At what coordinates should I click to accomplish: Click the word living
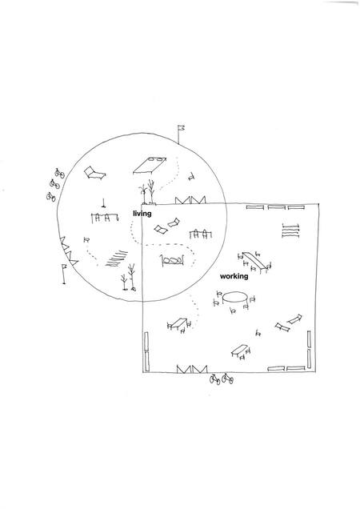[142, 214]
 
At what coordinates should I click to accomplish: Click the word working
[234, 276]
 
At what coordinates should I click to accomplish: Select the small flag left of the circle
[64, 274]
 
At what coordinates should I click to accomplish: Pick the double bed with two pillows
[150, 165]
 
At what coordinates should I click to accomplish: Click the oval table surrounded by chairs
[234, 298]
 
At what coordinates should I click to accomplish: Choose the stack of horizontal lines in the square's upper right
[290, 231]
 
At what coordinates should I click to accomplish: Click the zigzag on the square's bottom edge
[192, 369]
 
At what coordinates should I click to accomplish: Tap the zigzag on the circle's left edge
[69, 251]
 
